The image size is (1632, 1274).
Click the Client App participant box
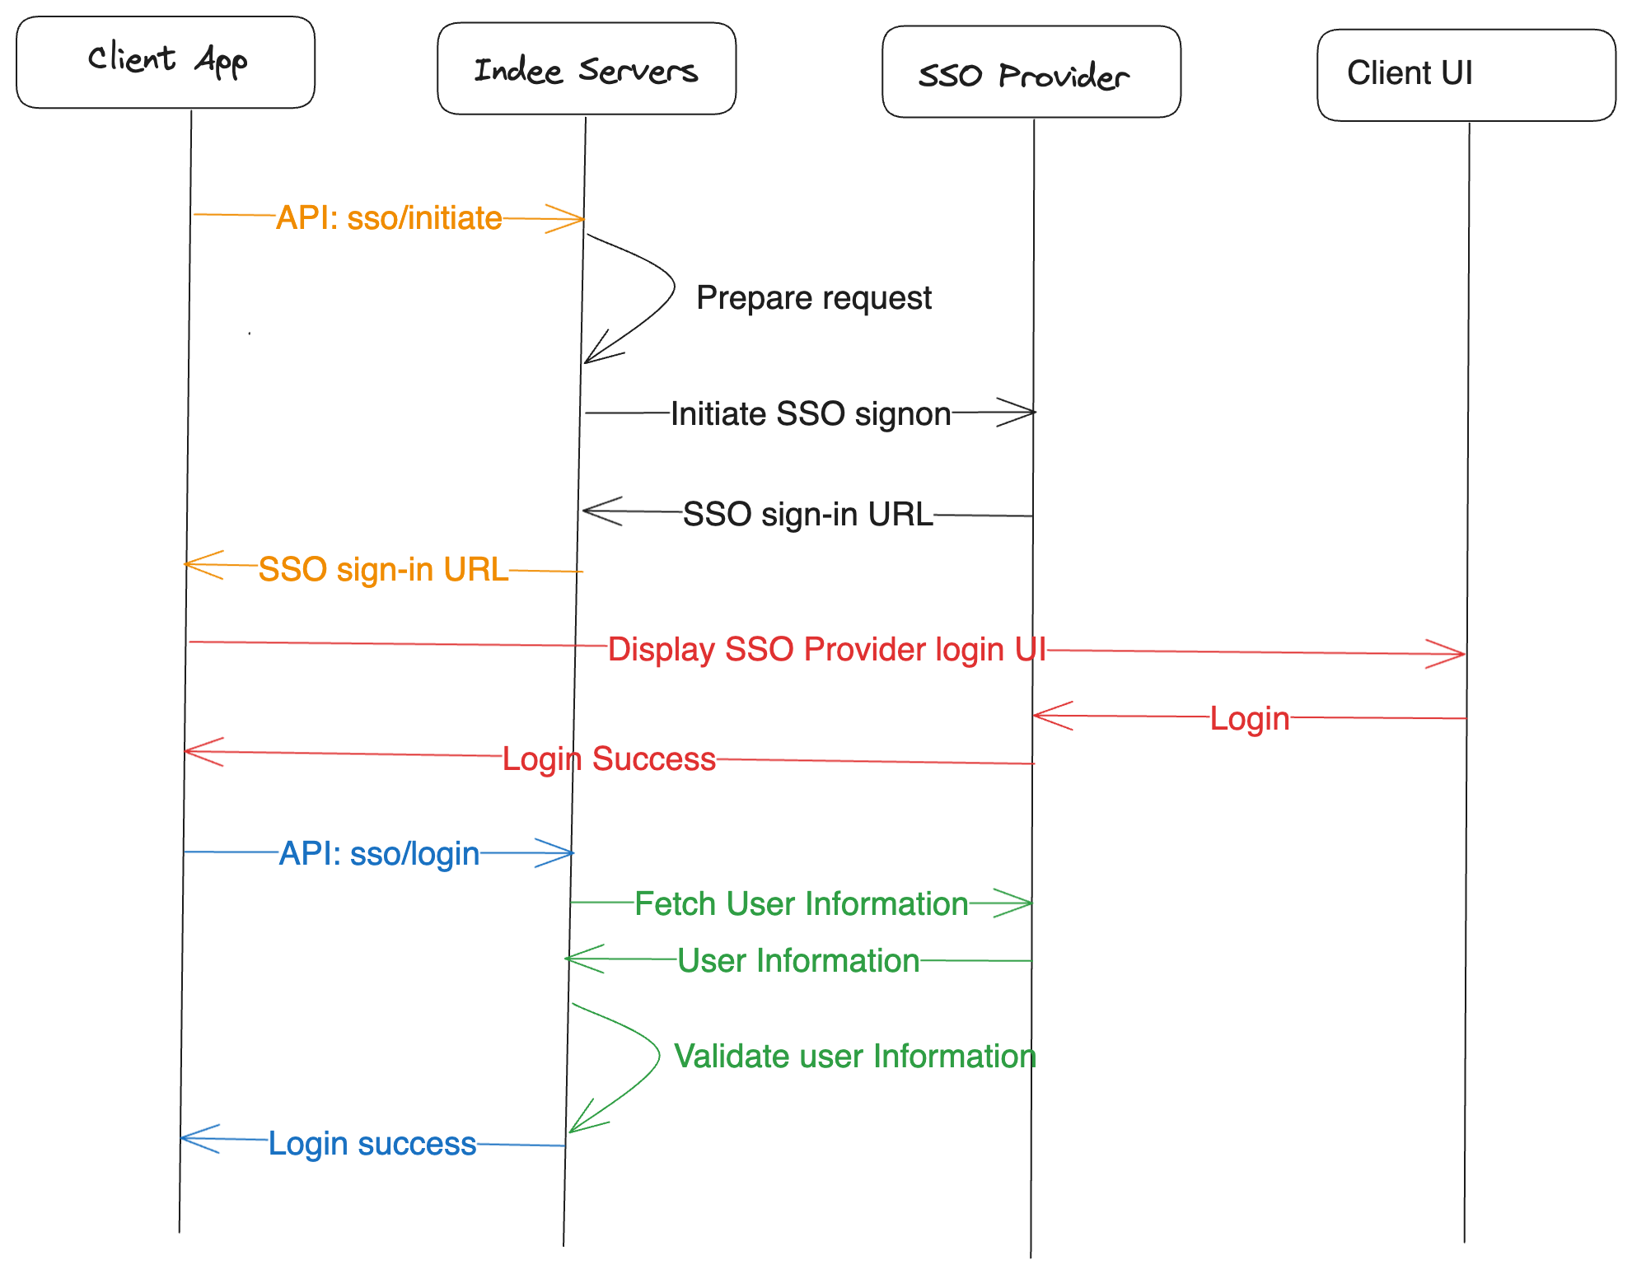(166, 63)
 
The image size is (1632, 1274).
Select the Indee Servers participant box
(587, 69)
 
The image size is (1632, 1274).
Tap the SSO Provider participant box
(1031, 72)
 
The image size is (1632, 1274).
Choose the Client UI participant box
(1466, 75)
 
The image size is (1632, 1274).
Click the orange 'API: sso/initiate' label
(389, 218)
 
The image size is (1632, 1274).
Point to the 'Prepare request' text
(813, 298)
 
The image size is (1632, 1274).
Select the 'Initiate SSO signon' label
(811, 413)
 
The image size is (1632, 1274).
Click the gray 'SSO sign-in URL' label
(807, 514)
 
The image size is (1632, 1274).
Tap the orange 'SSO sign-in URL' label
(383, 569)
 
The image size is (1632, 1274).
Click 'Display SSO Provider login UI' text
(826, 649)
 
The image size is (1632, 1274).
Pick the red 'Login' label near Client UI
(1249, 718)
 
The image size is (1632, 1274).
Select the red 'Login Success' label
(609, 758)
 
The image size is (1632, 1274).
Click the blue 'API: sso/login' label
(379, 853)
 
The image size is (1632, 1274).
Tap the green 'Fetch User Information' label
(801, 903)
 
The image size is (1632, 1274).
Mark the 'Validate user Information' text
(854, 1056)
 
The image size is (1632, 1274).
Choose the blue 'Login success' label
(372, 1143)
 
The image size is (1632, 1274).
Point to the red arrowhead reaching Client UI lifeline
(1455, 654)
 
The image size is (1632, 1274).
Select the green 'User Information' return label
(797, 960)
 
